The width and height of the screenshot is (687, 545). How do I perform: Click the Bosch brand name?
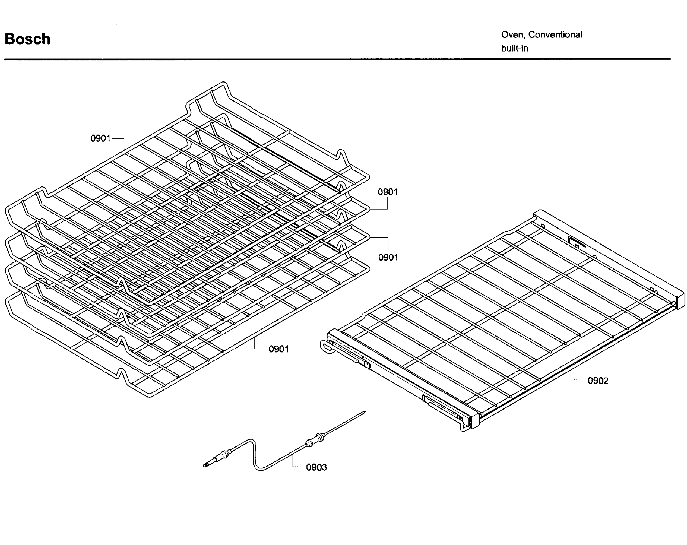pyautogui.click(x=27, y=39)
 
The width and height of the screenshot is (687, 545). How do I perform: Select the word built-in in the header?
pyautogui.click(x=514, y=49)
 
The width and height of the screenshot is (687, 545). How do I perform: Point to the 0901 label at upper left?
pyautogui.click(x=100, y=138)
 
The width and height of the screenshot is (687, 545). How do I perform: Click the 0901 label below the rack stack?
pyautogui.click(x=278, y=349)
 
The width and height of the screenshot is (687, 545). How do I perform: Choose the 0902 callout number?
pyautogui.click(x=598, y=381)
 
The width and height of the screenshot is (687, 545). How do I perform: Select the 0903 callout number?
pyautogui.click(x=316, y=468)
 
